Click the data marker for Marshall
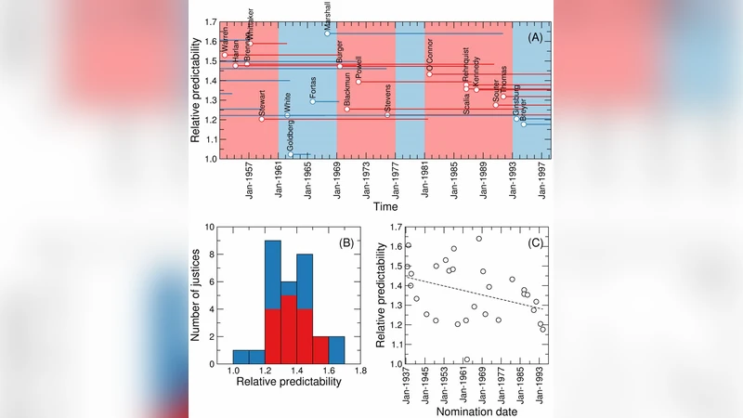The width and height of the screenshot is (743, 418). point(327,33)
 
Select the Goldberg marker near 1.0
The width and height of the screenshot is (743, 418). point(291,154)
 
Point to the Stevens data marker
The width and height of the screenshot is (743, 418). point(387,114)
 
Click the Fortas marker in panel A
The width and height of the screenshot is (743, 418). point(313,100)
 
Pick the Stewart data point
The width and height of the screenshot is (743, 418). point(262,119)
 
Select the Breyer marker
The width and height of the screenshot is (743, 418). point(523,124)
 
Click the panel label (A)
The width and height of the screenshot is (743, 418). point(535,37)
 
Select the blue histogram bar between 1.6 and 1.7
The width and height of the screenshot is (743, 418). point(336,349)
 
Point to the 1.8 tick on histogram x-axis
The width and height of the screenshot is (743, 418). point(359,371)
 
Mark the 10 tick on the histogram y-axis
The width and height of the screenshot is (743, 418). point(214,226)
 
